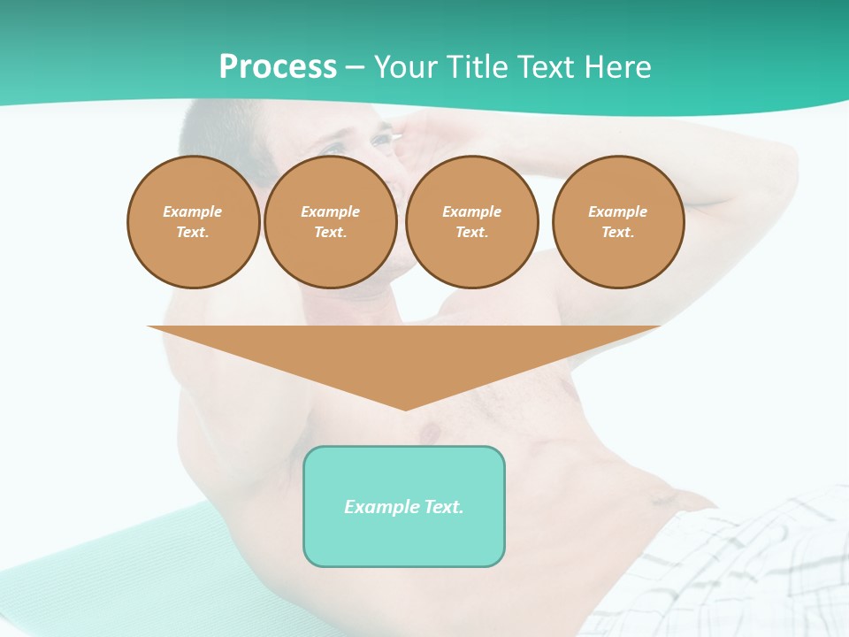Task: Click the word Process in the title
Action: tap(278, 67)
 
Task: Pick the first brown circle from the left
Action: tap(194, 222)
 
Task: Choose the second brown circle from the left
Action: tap(331, 222)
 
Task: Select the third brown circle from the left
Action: tap(472, 222)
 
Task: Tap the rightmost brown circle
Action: tap(618, 222)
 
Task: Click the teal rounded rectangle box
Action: tap(404, 540)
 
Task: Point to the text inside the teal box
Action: tap(404, 507)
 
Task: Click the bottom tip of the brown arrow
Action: tap(405, 408)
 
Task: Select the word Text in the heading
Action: tap(547, 67)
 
